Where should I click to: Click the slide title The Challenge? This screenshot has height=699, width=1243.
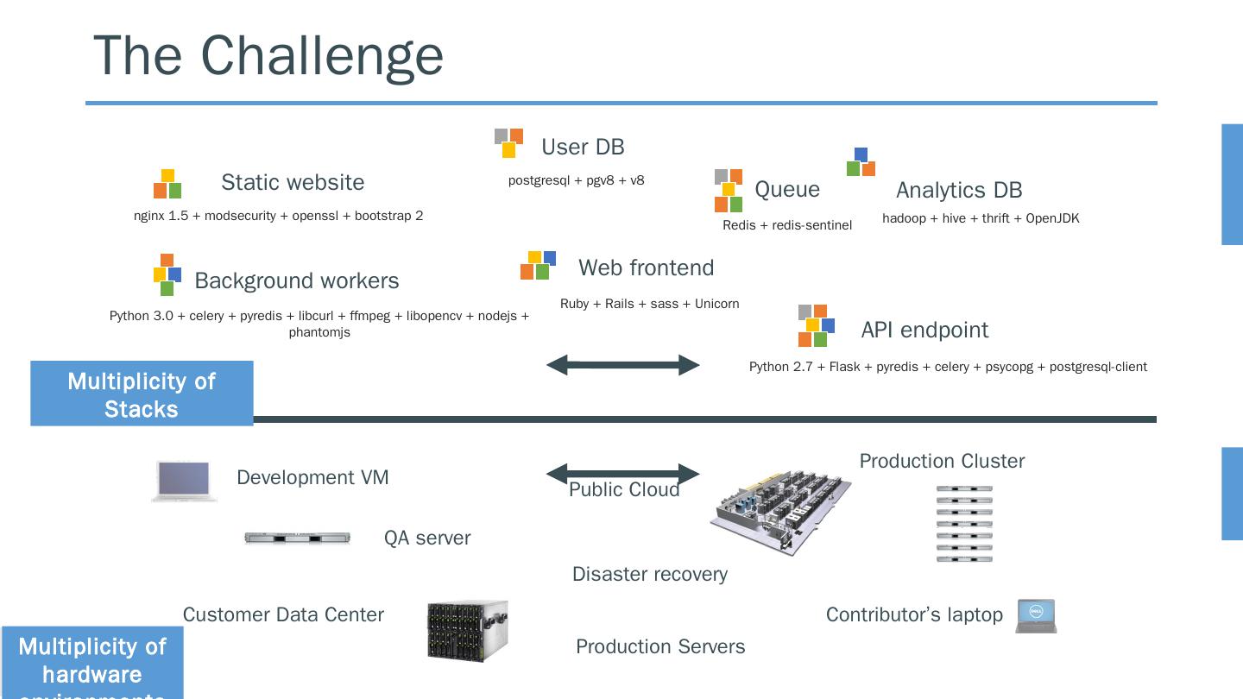268,55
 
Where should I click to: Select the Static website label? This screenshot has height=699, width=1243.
293,182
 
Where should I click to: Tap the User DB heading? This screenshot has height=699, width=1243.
583,147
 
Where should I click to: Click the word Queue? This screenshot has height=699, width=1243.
787,189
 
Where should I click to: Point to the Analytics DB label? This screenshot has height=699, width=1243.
959,190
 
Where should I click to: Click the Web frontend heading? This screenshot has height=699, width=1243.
647,268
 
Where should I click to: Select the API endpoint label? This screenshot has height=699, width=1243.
924,330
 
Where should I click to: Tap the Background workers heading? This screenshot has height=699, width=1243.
297,280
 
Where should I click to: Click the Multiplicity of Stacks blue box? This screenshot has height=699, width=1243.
142,394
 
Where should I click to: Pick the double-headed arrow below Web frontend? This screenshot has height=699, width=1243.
622,365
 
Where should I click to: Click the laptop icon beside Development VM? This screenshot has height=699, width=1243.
184,481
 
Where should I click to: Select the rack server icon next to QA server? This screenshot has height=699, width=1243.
297,538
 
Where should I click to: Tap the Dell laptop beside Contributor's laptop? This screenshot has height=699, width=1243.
1036,615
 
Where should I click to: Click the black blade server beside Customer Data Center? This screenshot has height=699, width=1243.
467,631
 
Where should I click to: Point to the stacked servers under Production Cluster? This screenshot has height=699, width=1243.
964,524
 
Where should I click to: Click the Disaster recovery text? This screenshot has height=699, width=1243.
650,574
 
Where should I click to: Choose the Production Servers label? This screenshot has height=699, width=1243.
660,646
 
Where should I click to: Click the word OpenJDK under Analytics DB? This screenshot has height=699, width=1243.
1052,218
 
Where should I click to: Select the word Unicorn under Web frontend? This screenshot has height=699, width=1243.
716,304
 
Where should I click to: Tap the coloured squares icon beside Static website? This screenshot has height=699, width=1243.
167,184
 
